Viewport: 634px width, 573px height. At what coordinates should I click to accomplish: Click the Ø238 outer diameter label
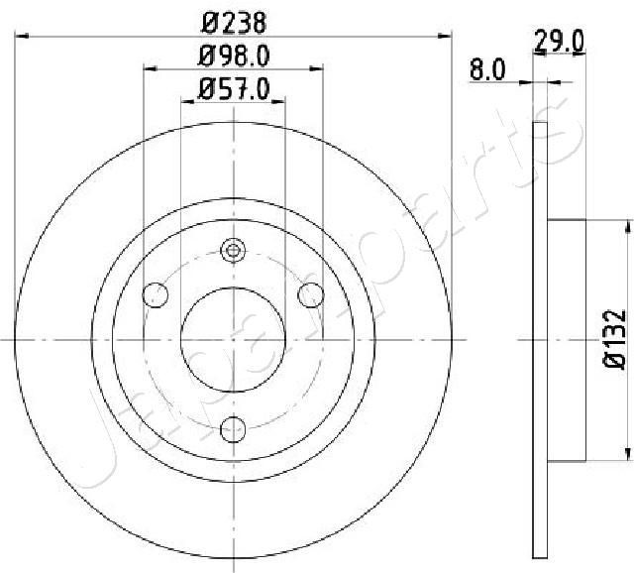[234, 20]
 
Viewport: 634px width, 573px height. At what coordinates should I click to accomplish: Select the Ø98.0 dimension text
[234, 55]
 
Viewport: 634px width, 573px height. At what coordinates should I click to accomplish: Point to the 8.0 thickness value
[488, 71]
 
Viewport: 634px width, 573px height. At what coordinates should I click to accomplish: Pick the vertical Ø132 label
[614, 340]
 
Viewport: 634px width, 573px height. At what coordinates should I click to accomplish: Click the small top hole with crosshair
[234, 251]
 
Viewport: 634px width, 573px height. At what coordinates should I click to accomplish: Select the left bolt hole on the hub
[156, 294]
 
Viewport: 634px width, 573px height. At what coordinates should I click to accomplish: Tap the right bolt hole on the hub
[311, 294]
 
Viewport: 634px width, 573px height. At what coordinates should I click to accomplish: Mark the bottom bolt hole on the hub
[234, 428]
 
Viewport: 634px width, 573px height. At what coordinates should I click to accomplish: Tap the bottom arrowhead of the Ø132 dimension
[626, 454]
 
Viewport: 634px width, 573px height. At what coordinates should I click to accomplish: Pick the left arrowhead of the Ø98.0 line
[151, 69]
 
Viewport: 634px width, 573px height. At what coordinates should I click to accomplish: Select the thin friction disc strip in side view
[540, 340]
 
